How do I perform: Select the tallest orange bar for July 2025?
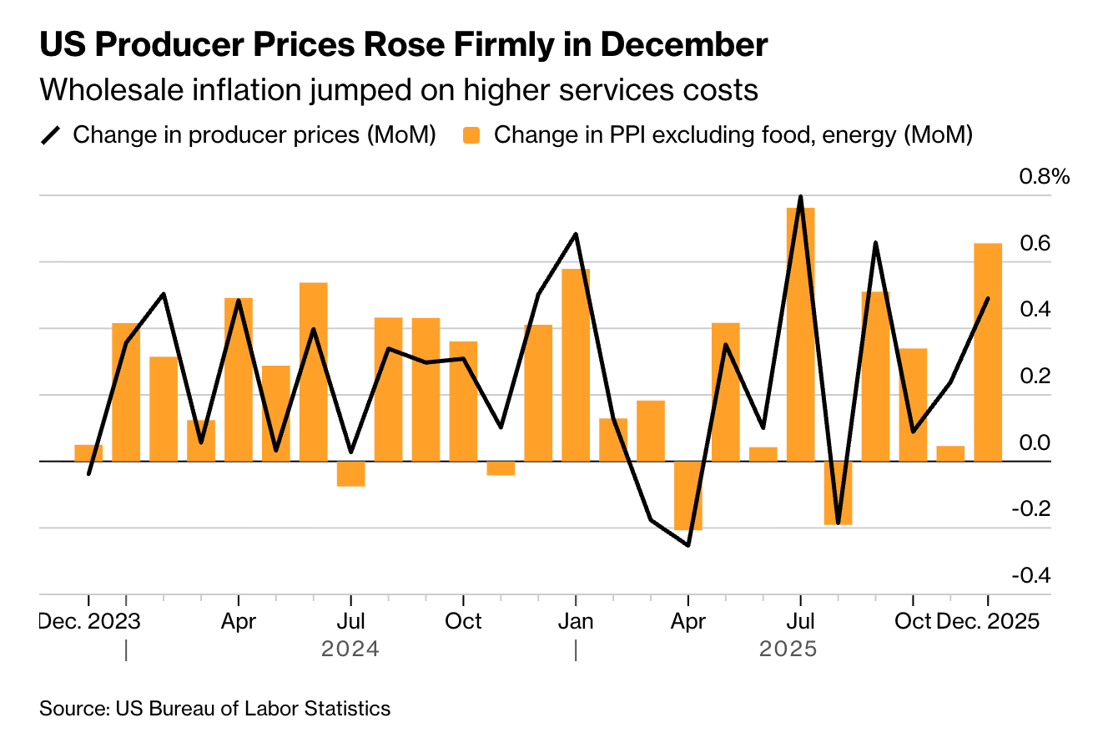pos(800,334)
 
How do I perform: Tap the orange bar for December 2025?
pos(988,351)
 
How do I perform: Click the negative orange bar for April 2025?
pos(688,495)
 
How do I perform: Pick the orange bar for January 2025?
pos(576,365)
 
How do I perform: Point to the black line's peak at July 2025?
pos(800,197)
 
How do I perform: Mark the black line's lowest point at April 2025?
pos(688,545)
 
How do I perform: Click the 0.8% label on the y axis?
pos(1043,177)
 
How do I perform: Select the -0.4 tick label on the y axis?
pos(1033,576)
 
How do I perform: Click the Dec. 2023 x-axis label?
pos(90,622)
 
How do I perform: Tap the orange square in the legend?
pos(473,135)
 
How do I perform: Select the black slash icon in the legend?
pos(52,135)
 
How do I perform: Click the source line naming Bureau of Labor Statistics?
pos(215,709)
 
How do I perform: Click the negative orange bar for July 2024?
pos(350,473)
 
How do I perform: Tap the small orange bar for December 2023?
pos(88,452)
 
